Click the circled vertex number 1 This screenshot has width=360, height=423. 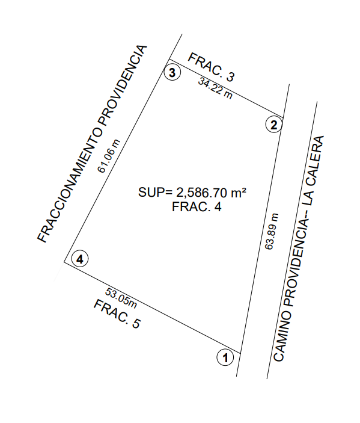coord(225,357)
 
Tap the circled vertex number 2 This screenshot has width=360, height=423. coord(274,125)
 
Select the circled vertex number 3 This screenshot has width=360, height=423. coord(172,72)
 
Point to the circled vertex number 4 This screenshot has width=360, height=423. coord(80,259)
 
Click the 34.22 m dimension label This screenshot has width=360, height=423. coord(215,88)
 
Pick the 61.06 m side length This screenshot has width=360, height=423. coord(109,156)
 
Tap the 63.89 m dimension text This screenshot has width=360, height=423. coord(272,232)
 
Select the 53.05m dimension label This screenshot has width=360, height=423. coord(121,298)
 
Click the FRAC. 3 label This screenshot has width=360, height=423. coord(212,67)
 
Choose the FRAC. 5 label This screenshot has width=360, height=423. coord(117,314)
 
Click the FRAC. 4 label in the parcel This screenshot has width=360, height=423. coord(197,207)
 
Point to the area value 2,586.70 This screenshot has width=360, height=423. coord(201,193)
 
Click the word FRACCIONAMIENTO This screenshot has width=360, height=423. coord(69,185)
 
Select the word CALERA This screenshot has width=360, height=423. coord(314,160)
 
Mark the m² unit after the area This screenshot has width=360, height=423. coord(239,192)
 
